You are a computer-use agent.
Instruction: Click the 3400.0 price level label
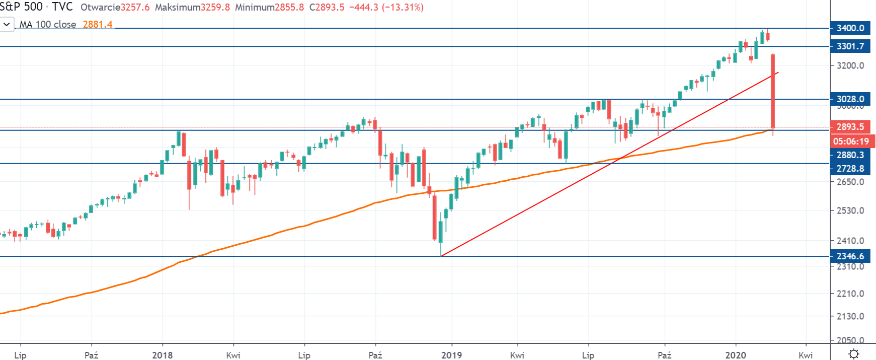pos(850,28)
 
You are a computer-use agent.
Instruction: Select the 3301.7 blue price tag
pos(850,46)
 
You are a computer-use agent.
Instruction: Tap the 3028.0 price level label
pos(850,99)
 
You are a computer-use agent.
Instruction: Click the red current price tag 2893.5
pos(850,127)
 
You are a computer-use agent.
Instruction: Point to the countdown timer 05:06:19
pos(850,141)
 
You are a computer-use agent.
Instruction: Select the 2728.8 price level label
pos(850,169)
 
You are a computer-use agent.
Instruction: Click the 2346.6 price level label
pos(850,256)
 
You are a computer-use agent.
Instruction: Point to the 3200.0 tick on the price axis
pos(850,65)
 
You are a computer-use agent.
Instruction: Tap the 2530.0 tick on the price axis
pos(850,210)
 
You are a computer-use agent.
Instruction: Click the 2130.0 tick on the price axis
pos(850,316)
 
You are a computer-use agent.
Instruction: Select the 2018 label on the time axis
pos(163,355)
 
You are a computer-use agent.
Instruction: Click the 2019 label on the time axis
pos(451,355)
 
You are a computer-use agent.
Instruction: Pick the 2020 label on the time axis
pos(736,355)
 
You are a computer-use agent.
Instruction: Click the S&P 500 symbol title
pos(21,7)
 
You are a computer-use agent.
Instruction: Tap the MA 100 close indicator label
pos(48,24)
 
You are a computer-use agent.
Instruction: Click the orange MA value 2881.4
pos(98,24)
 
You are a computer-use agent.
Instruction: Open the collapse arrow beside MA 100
pos(7,24)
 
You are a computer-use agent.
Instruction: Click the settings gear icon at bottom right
pos(853,354)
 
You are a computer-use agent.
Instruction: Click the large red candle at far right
pos(773,91)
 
